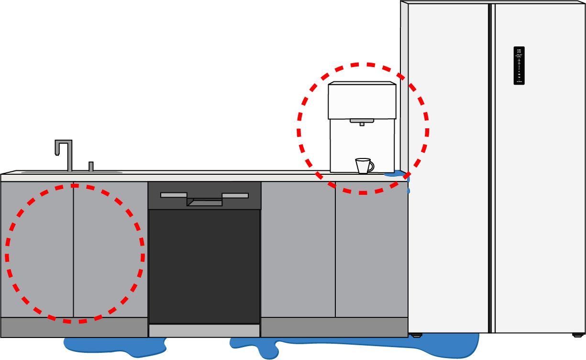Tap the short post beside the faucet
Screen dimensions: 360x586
coord(91,167)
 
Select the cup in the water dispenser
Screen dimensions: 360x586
coord(363,166)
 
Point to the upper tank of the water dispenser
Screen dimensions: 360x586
coord(362,101)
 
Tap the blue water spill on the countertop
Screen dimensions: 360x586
coord(395,174)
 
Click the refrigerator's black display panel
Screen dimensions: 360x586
coord(519,66)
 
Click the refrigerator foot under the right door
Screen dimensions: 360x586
coord(578,335)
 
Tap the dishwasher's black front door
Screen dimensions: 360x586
coord(204,266)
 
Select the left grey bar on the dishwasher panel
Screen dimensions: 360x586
coord(173,195)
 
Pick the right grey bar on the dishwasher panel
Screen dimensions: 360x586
coord(235,195)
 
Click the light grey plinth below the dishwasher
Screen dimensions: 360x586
coord(204,331)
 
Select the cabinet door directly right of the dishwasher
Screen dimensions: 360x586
coord(298,249)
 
